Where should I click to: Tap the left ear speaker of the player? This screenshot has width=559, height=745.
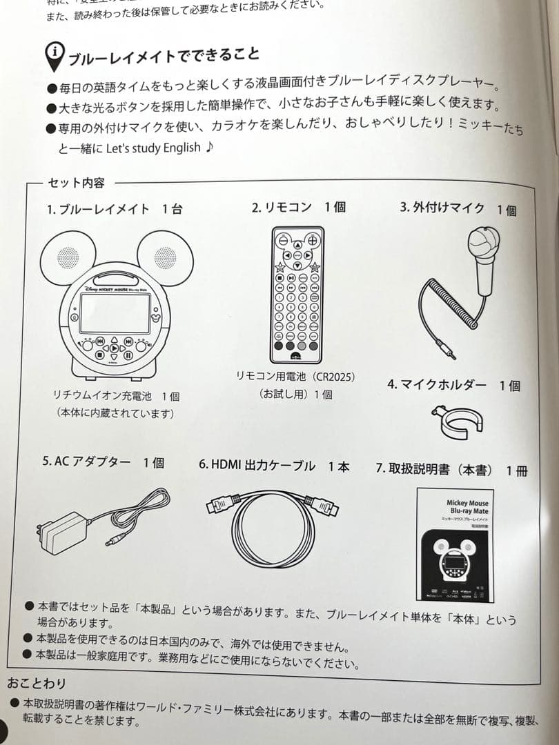pos(67,258)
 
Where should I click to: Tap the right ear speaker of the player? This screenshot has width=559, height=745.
pos(166,257)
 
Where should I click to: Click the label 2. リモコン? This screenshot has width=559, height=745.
pos(282,207)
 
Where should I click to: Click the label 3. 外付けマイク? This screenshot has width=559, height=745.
pos(442,208)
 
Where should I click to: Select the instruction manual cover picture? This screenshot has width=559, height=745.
pos(455,544)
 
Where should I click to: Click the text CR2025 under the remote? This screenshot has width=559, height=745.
pos(333,376)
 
